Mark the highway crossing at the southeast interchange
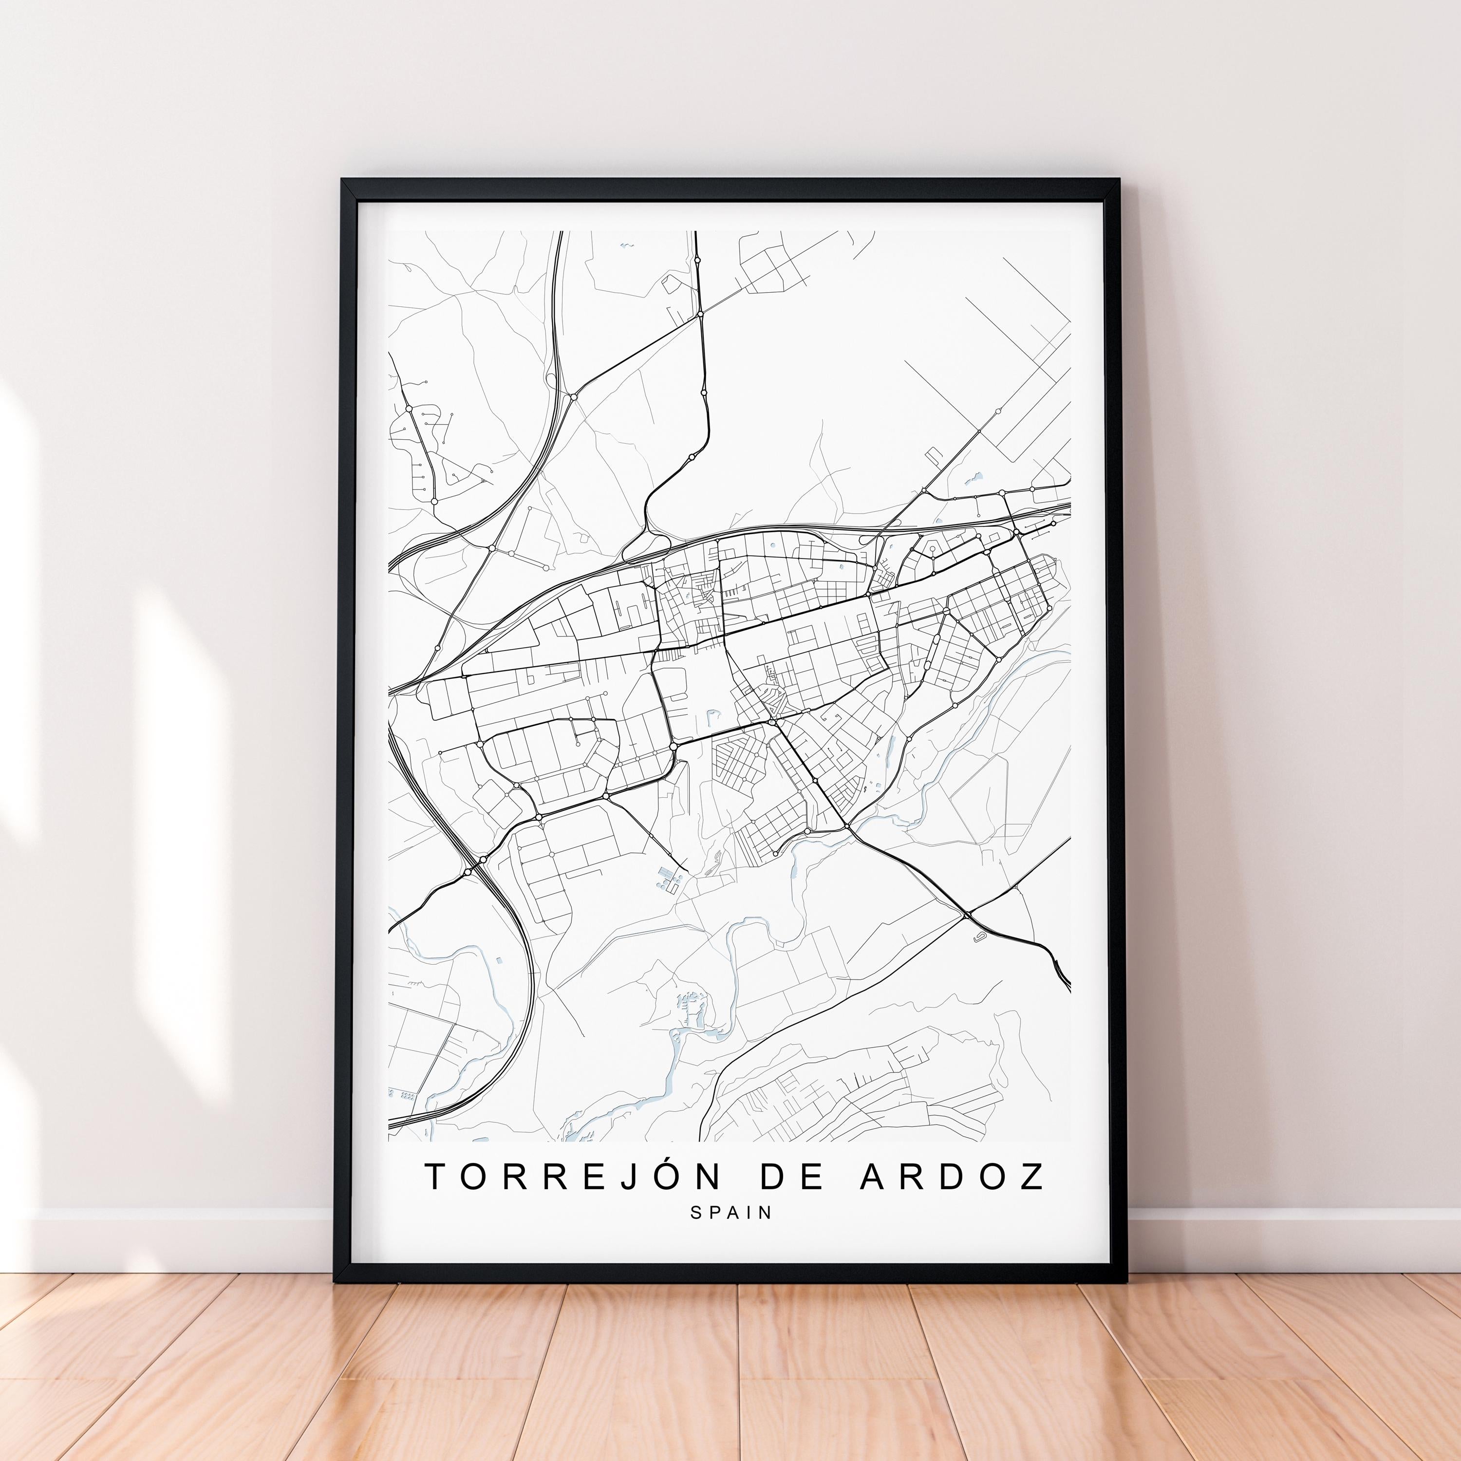(968, 916)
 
